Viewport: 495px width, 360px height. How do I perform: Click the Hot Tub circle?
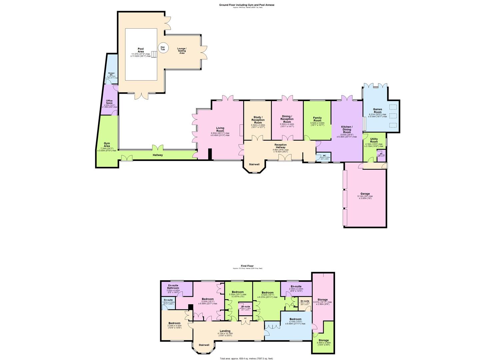point(163,48)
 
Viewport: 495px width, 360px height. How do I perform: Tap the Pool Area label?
point(141,50)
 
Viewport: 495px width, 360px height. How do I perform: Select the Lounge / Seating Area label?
point(182,51)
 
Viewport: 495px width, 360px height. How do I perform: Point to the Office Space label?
point(109,102)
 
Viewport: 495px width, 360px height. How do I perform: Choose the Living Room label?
point(220,129)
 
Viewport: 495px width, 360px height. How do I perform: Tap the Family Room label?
point(317,119)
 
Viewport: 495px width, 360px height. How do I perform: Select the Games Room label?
point(377,110)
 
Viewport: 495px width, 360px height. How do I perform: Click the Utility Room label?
point(374,140)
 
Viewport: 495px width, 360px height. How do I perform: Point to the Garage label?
point(365,194)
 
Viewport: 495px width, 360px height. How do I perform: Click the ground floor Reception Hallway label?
point(280,146)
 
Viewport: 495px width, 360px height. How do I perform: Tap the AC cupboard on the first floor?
point(245,318)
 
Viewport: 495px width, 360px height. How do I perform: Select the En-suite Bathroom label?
point(173,287)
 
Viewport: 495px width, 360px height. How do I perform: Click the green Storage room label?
point(323,340)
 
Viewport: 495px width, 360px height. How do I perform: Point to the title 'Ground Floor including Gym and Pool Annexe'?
point(247,5)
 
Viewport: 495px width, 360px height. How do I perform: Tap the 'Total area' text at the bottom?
point(246,358)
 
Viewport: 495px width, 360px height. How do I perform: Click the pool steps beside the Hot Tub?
point(153,54)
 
